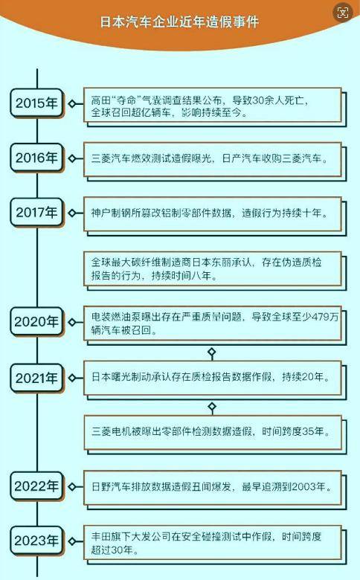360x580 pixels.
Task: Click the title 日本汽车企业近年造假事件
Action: tap(179, 22)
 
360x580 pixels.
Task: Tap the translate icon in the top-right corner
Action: tap(343, 13)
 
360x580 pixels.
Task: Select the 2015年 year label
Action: tap(36, 103)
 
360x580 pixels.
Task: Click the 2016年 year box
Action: tap(36, 158)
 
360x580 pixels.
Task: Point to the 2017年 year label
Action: tap(36, 213)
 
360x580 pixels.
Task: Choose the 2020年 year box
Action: tap(36, 322)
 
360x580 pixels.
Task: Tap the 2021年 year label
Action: tap(36, 378)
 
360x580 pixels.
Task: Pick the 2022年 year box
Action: tap(36, 486)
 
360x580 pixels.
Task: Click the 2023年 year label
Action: tap(36, 541)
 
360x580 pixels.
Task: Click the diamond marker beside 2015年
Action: tap(72, 104)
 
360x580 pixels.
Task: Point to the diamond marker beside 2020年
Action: tap(72, 322)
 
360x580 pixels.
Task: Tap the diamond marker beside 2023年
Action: tap(72, 541)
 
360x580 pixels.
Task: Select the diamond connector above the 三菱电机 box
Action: tap(212, 407)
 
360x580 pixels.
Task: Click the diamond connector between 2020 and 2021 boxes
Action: tap(212, 352)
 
